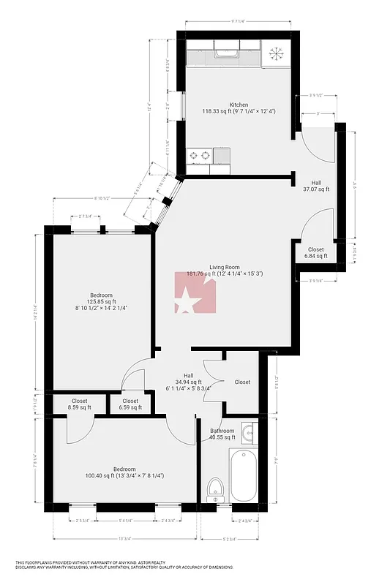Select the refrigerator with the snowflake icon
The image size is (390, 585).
pos(277,53)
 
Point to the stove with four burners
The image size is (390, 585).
pos(199,155)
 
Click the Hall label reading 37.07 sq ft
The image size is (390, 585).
pos(316,186)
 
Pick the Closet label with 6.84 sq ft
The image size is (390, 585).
pos(315,253)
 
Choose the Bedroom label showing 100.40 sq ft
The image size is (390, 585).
pos(124,472)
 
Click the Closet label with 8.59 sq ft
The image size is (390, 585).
pos(79,404)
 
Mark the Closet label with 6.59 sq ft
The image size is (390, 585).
pos(130,404)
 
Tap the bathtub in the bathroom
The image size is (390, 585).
pos(244,474)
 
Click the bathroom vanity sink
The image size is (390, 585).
pos(249,434)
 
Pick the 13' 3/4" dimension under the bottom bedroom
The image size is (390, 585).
pos(127,538)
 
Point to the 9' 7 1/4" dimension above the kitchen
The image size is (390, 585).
pos(241,22)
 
